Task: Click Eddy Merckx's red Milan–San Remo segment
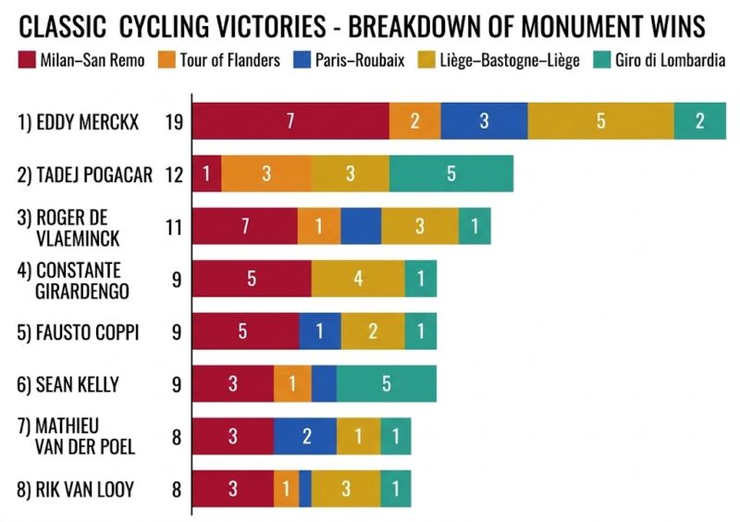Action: click(290, 121)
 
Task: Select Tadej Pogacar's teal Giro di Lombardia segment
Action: click(450, 173)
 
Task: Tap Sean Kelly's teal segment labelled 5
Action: click(386, 384)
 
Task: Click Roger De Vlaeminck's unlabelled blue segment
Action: click(361, 226)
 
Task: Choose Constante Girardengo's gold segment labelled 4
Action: click(358, 279)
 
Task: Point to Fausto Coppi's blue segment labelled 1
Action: click(319, 331)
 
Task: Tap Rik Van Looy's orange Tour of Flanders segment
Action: click(286, 489)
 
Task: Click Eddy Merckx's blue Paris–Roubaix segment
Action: click(484, 121)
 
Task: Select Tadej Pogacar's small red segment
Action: click(206, 173)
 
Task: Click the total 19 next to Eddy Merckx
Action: click(172, 121)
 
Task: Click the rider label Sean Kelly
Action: click(78, 384)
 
